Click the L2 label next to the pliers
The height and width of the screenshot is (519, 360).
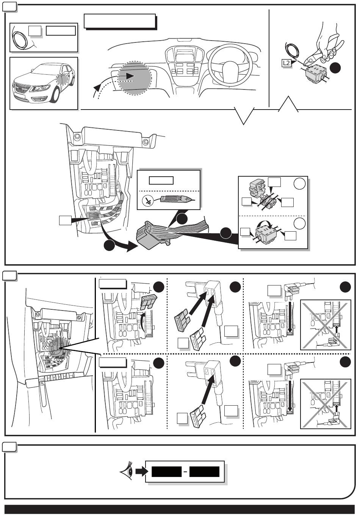pyautogui.click(x=286, y=63)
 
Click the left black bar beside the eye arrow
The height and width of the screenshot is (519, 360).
pyautogui.click(x=166, y=472)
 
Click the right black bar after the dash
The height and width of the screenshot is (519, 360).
pyautogui.click(x=204, y=472)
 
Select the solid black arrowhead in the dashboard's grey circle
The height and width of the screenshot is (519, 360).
pyautogui.click(x=130, y=76)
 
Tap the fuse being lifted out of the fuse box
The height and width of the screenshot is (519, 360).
pyautogui.click(x=148, y=302)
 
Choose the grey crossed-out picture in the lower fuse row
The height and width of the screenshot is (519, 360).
pyautogui.click(x=326, y=403)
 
